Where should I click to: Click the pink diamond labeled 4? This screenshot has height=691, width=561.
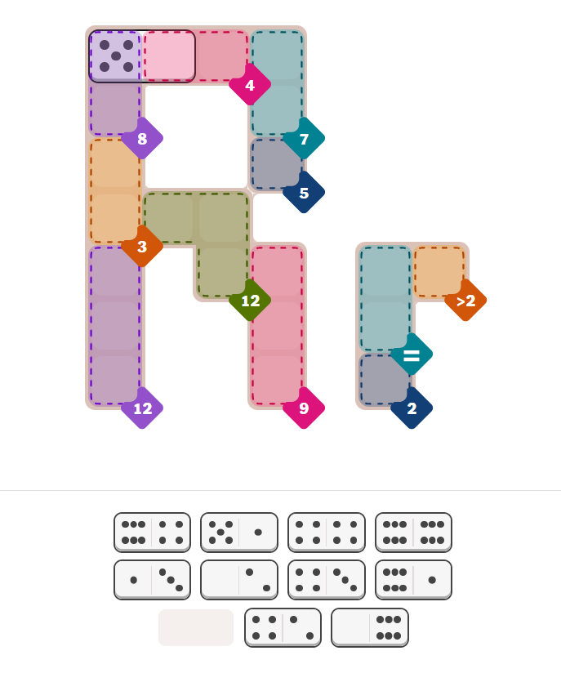tap(250, 85)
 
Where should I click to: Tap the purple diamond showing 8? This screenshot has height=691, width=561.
tap(142, 138)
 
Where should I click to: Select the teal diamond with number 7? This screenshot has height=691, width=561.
tap(304, 138)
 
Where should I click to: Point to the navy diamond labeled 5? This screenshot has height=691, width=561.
tap(304, 193)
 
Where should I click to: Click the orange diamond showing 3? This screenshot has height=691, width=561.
tap(142, 247)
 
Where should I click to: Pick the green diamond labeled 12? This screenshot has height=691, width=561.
tap(250, 301)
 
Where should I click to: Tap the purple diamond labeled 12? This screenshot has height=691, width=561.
tap(142, 408)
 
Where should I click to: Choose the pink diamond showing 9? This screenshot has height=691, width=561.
tap(304, 408)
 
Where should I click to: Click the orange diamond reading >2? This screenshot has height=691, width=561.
tap(465, 301)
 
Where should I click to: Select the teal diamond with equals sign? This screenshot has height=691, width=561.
tap(412, 354)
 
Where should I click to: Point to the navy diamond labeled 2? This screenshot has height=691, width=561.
tap(412, 408)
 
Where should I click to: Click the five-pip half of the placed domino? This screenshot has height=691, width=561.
tap(116, 56)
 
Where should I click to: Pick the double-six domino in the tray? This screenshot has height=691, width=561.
tap(413, 532)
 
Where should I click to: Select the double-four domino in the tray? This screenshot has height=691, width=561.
tap(327, 532)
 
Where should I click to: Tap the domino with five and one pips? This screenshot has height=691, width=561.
tap(239, 532)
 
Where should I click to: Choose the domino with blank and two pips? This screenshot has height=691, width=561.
tap(239, 579)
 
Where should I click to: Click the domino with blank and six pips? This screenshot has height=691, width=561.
tap(370, 627)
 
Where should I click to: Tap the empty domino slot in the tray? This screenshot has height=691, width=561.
tap(196, 627)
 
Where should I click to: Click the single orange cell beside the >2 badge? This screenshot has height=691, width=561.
tap(439, 271)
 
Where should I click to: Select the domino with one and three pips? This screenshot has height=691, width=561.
tap(152, 579)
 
